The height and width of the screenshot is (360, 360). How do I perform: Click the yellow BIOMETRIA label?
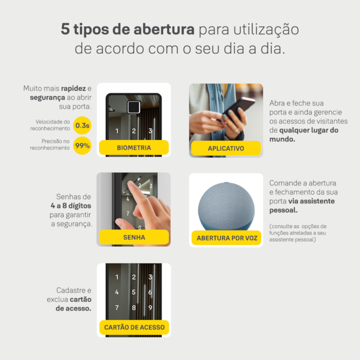tap(134, 147)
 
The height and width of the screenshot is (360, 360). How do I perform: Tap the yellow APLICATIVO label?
tap(226, 148)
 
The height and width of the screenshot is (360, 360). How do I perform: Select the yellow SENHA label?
tap(134, 237)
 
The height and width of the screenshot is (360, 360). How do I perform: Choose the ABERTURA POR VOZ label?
tap(226, 238)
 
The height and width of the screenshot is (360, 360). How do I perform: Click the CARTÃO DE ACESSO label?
tap(134, 327)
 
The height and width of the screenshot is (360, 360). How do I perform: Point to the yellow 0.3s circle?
tap(82, 125)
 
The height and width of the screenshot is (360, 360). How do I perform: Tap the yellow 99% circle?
tap(82, 146)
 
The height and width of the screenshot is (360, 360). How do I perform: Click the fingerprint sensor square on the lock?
tap(134, 107)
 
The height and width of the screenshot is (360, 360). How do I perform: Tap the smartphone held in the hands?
tap(239, 109)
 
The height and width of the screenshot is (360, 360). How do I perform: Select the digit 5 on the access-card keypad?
tap(134, 292)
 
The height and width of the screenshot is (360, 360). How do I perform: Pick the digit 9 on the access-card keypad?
tap(150, 308)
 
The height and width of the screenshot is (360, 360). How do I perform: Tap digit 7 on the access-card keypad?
tap(117, 308)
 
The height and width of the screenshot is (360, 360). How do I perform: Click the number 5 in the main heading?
tap(65, 29)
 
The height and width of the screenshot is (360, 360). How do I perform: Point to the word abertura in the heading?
tap(164, 29)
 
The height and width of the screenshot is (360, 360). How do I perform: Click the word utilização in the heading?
tap(266, 30)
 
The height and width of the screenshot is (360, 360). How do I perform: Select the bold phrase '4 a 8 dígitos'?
tap(71, 206)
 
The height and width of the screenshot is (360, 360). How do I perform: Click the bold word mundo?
tap(282, 139)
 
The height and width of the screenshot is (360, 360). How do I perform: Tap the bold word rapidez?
tap(73, 88)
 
